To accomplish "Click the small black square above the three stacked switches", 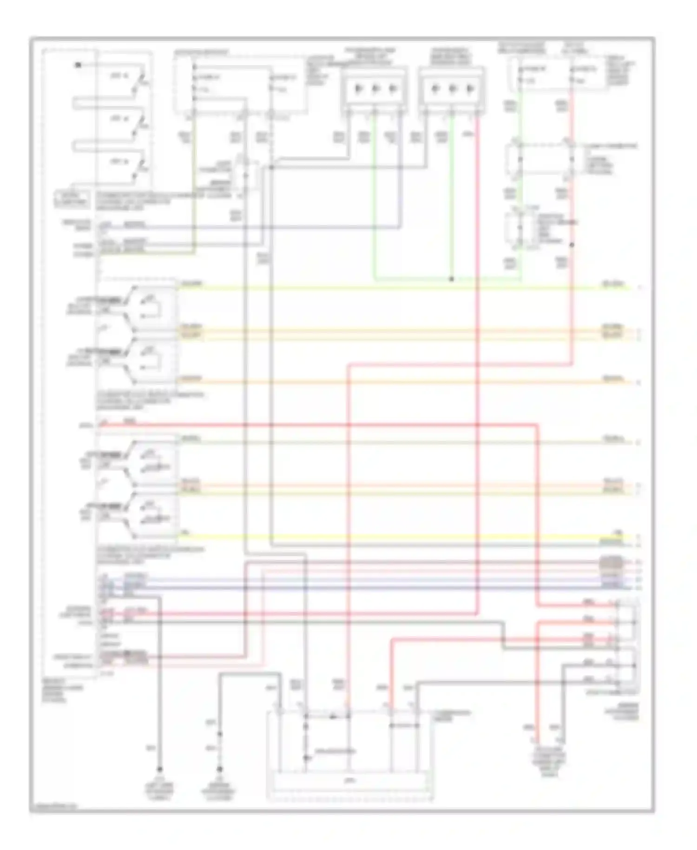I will pyautogui.click(x=78, y=65).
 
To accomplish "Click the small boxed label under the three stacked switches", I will pyautogui.click(x=72, y=199).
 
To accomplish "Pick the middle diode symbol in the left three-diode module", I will pyautogui.click(x=375, y=88).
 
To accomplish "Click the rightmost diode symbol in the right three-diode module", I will pyautogui.click(x=470, y=88).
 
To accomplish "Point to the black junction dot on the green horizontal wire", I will pyautogui.click(x=451, y=279).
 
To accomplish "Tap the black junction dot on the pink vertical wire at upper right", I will pyautogui.click(x=572, y=245).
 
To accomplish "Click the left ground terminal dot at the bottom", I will pyautogui.click(x=159, y=769).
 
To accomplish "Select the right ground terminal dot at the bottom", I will pyautogui.click(x=220, y=769).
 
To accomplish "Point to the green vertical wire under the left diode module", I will pyautogui.click(x=375, y=195).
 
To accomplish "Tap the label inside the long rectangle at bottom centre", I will pyautogui.click(x=351, y=781).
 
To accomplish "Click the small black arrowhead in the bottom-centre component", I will pyautogui.click(x=333, y=717).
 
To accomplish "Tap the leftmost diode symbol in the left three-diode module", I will pyautogui.click(x=358, y=88).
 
